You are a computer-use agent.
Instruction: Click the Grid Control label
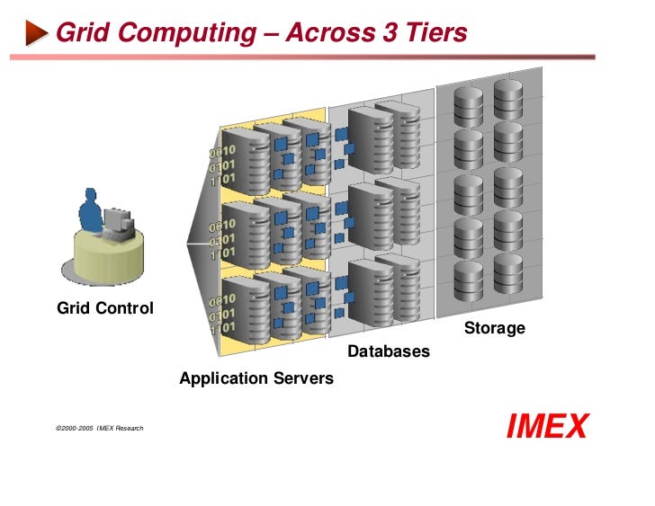click(105, 308)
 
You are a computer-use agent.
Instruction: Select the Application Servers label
click(256, 378)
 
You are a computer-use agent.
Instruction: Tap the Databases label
click(389, 351)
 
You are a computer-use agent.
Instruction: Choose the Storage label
click(494, 329)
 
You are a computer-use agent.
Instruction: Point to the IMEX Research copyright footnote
click(99, 429)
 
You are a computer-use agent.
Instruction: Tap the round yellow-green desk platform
click(103, 256)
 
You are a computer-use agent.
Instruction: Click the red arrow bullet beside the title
click(36, 34)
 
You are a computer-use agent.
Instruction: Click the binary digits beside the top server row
click(223, 163)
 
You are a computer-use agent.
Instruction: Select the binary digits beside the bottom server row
click(223, 315)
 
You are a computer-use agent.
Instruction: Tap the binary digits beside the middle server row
click(223, 239)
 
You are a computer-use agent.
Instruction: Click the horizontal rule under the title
click(302, 57)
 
